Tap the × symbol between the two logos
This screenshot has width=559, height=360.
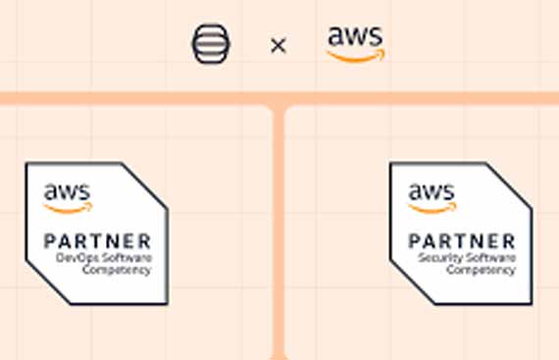pyautogui.click(x=279, y=45)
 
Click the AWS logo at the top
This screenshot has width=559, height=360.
pyautogui.click(x=355, y=43)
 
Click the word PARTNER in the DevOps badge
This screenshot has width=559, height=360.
pyautogui.click(x=97, y=240)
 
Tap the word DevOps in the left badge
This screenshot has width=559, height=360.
pyautogui.click(x=73, y=257)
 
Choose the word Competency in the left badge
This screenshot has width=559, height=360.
pyautogui.click(x=97, y=270)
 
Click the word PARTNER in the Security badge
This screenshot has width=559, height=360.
pyautogui.click(x=462, y=240)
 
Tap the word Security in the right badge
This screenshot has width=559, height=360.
pyautogui.click(x=437, y=257)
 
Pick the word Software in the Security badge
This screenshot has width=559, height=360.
pyautogui.click(x=487, y=257)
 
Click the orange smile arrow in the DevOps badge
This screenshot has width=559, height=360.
pyautogui.click(x=69, y=206)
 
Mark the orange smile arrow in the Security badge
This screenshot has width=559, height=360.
pyautogui.click(x=433, y=206)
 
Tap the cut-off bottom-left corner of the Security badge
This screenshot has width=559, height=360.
pyautogui.click(x=411, y=285)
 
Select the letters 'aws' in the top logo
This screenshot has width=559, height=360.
pyautogui.click(x=355, y=38)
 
